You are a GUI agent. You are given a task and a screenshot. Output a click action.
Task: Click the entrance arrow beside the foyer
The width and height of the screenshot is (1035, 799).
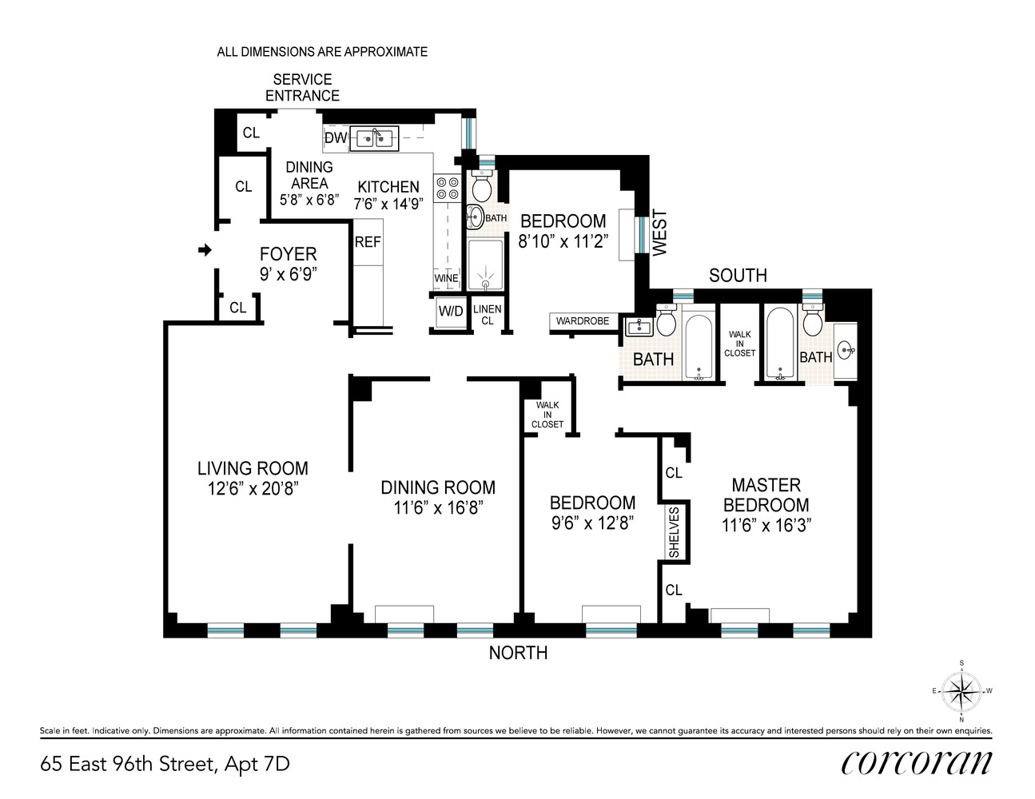click(x=205, y=251)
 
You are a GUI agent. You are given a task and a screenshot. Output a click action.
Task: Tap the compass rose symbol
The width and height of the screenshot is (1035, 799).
click(x=961, y=690)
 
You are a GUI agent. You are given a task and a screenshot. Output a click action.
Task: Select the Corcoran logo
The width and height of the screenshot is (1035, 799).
click(x=916, y=763)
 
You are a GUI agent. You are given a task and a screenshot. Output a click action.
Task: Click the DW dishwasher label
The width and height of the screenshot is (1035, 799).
click(x=336, y=138)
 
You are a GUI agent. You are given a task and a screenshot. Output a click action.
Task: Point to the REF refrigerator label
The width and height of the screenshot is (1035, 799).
click(x=368, y=242)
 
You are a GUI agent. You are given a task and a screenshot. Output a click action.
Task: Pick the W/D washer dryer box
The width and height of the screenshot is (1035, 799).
click(x=450, y=312)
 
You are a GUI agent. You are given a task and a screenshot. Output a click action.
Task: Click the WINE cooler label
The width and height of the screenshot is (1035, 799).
click(x=446, y=279)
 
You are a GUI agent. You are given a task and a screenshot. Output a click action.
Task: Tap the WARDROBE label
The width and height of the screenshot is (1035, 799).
click(x=583, y=321)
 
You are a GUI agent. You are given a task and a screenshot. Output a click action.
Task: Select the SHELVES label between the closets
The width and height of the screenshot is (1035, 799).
click(x=674, y=532)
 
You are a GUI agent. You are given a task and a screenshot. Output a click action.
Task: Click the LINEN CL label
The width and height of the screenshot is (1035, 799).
click(x=487, y=315)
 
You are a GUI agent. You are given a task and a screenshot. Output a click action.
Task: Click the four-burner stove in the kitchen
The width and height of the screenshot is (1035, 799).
click(x=447, y=188)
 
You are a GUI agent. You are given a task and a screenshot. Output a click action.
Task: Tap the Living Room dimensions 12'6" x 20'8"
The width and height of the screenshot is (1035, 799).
click(x=253, y=489)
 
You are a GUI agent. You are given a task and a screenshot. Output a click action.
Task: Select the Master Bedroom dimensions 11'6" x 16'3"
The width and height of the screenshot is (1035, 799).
click(x=766, y=526)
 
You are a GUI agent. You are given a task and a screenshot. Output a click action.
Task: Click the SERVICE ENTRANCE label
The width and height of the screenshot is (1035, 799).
click(x=302, y=87)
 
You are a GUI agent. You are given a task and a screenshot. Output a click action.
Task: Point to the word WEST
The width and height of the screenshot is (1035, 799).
click(x=659, y=233)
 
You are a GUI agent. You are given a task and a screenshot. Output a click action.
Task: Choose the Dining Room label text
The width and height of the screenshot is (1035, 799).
click(x=437, y=487)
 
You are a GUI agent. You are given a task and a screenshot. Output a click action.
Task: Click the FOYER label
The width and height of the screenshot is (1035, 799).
click(x=288, y=254)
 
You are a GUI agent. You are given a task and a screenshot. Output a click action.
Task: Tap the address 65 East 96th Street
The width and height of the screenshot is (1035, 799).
click(x=165, y=764)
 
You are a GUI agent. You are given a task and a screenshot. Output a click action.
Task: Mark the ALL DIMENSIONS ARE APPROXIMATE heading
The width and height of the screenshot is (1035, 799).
click(x=322, y=52)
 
